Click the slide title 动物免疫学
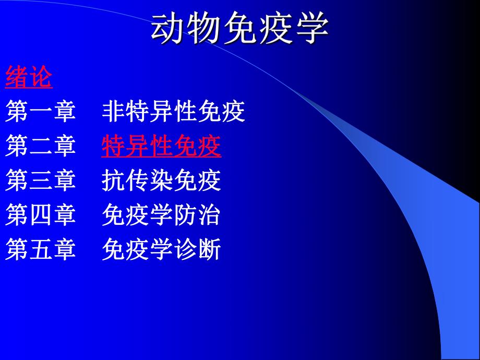(x=240, y=29)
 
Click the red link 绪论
(x=29, y=78)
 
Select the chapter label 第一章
(x=41, y=112)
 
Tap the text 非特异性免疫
(x=173, y=112)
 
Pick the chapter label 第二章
(x=41, y=147)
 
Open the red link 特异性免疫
(x=162, y=147)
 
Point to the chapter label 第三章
(x=41, y=181)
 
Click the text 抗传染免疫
(x=162, y=181)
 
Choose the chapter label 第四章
(x=41, y=215)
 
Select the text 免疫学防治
(x=162, y=215)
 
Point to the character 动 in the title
(x=169, y=29)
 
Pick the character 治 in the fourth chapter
(x=210, y=215)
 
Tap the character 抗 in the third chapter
(x=114, y=181)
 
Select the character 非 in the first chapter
(x=114, y=112)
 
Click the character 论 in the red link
(x=41, y=78)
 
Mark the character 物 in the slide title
(x=205, y=29)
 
